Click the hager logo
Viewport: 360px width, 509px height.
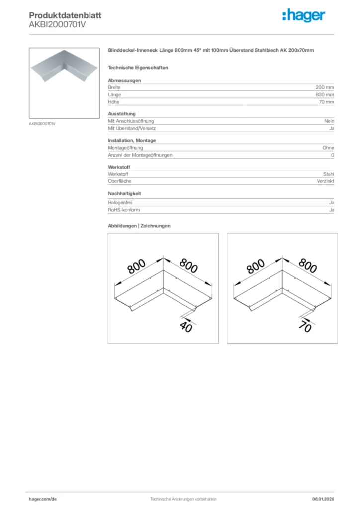[304, 16]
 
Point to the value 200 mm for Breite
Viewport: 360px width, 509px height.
[325, 87]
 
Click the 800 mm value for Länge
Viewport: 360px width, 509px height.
[325, 94]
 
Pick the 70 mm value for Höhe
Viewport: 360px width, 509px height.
[326, 102]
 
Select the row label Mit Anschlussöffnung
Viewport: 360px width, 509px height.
[131, 121]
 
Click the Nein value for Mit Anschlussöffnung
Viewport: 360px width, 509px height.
[329, 121]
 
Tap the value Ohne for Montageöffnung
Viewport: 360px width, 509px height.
[328, 148]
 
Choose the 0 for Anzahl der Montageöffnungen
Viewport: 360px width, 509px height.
[333, 155]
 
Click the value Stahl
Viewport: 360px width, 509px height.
[329, 174]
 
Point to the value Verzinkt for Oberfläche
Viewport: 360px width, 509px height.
[326, 182]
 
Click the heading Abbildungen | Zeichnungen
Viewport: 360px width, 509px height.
[139, 226]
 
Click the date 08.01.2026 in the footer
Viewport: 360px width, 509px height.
[323, 499]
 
